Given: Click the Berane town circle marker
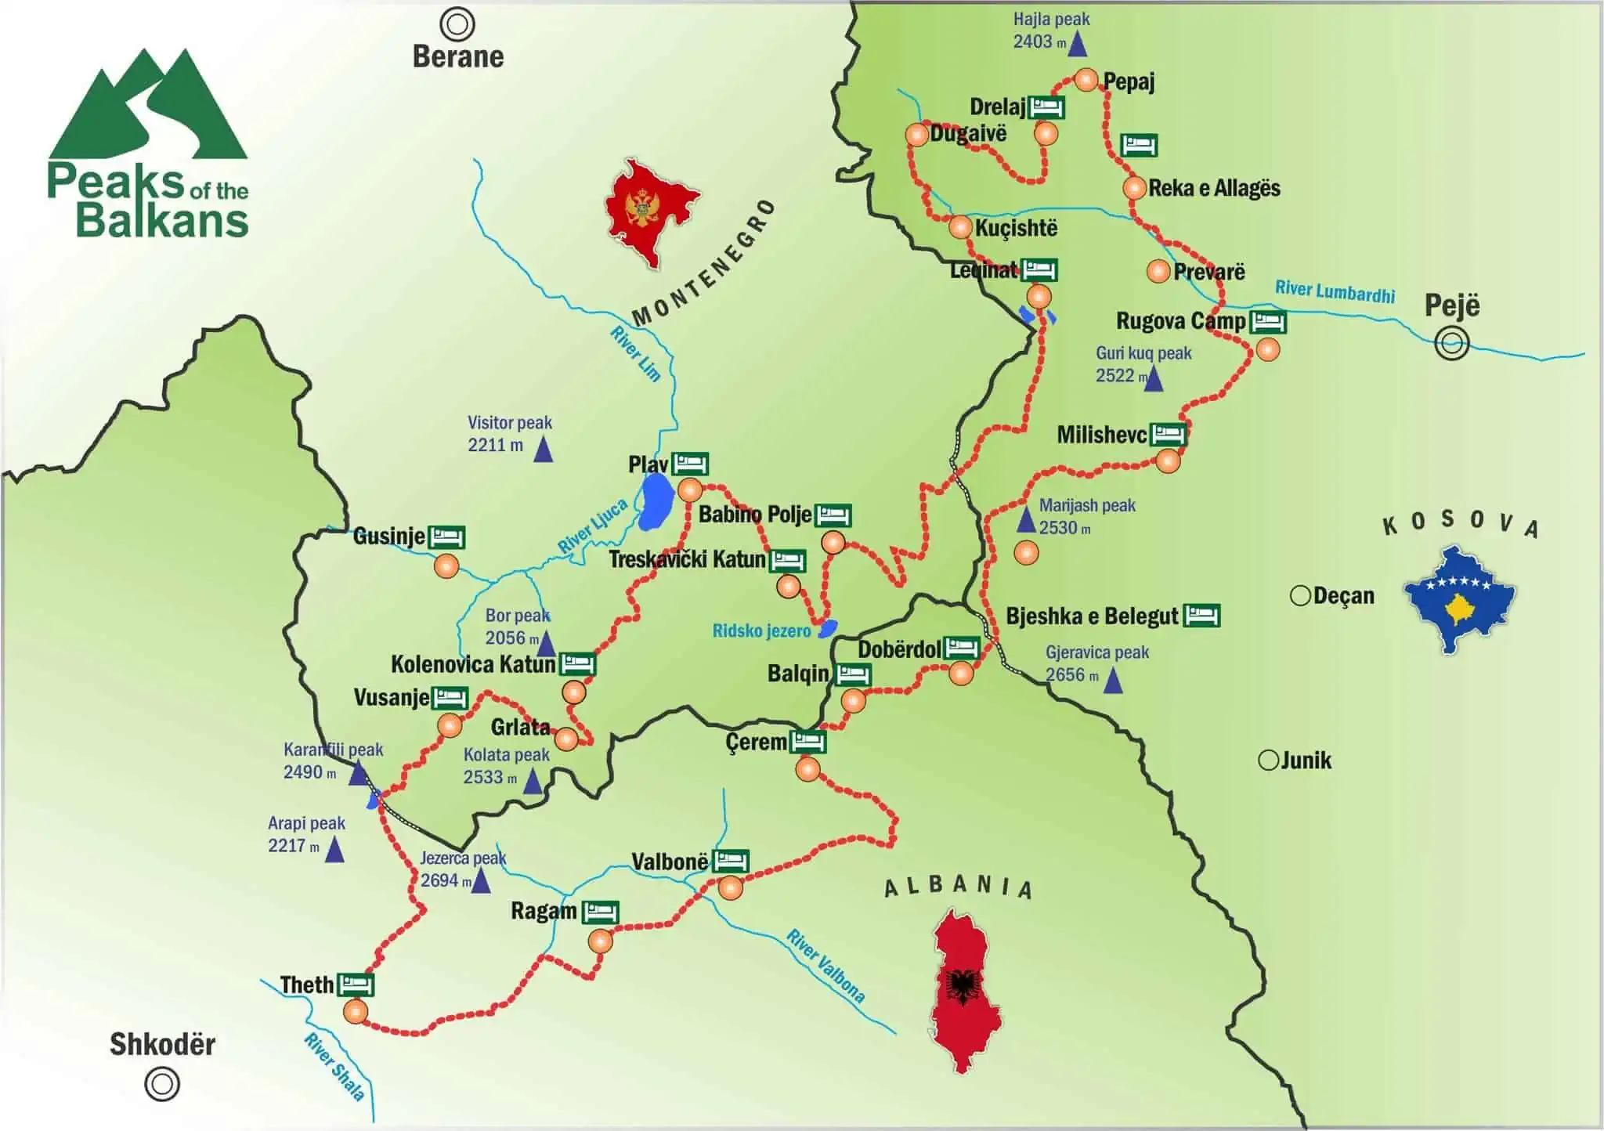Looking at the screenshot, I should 457,24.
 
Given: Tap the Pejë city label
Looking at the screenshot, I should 1451,305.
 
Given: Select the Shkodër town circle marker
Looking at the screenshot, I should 162,1084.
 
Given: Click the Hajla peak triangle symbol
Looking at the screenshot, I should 1078,45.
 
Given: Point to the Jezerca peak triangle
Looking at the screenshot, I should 480,882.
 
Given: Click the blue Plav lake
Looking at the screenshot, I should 656,501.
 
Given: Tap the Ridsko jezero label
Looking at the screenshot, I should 760,631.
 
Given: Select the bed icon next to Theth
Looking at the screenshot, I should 356,984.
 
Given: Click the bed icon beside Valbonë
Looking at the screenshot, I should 730,861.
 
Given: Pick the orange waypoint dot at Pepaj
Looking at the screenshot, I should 1086,80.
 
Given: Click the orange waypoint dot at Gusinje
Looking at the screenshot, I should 446,565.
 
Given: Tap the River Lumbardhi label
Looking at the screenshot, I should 1335,291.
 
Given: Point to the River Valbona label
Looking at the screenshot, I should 825,966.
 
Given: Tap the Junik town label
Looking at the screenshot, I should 1305,760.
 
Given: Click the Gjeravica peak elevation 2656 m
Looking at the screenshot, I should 1071,674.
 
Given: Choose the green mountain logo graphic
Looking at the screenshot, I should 148,106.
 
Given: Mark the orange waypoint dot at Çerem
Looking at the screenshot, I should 807,770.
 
